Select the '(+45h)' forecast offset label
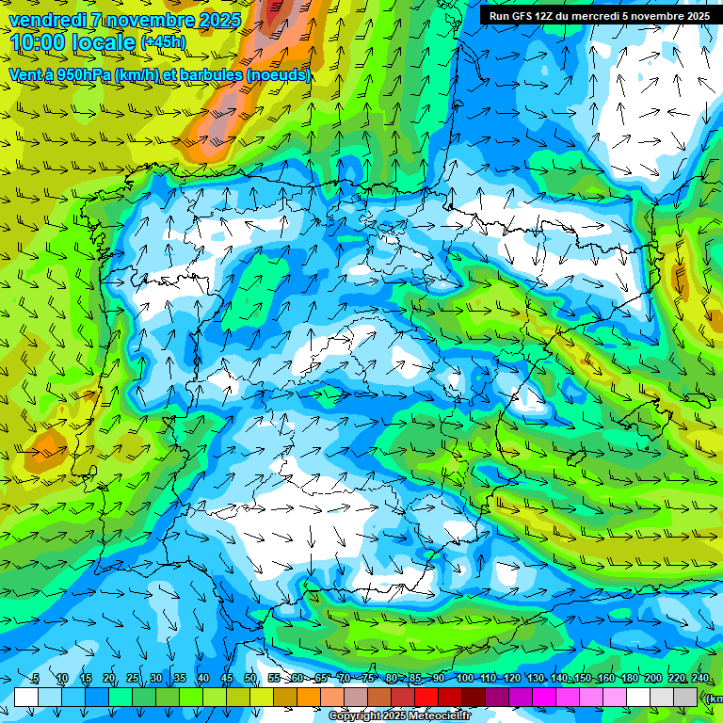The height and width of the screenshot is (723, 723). [163, 42]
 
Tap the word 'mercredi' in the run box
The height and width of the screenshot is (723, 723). [594, 15]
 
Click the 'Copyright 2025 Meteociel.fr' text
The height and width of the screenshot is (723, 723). [399, 716]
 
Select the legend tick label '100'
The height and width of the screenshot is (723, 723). [464, 679]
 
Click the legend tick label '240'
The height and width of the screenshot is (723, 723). [699, 679]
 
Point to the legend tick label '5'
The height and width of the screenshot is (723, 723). [36, 679]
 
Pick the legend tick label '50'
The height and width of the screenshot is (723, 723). [250, 679]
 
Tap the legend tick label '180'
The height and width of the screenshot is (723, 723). [629, 679]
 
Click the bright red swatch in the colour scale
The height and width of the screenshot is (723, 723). [426, 697]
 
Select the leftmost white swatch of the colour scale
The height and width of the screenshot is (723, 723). [26, 697]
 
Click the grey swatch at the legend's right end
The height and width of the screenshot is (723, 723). [685, 697]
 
